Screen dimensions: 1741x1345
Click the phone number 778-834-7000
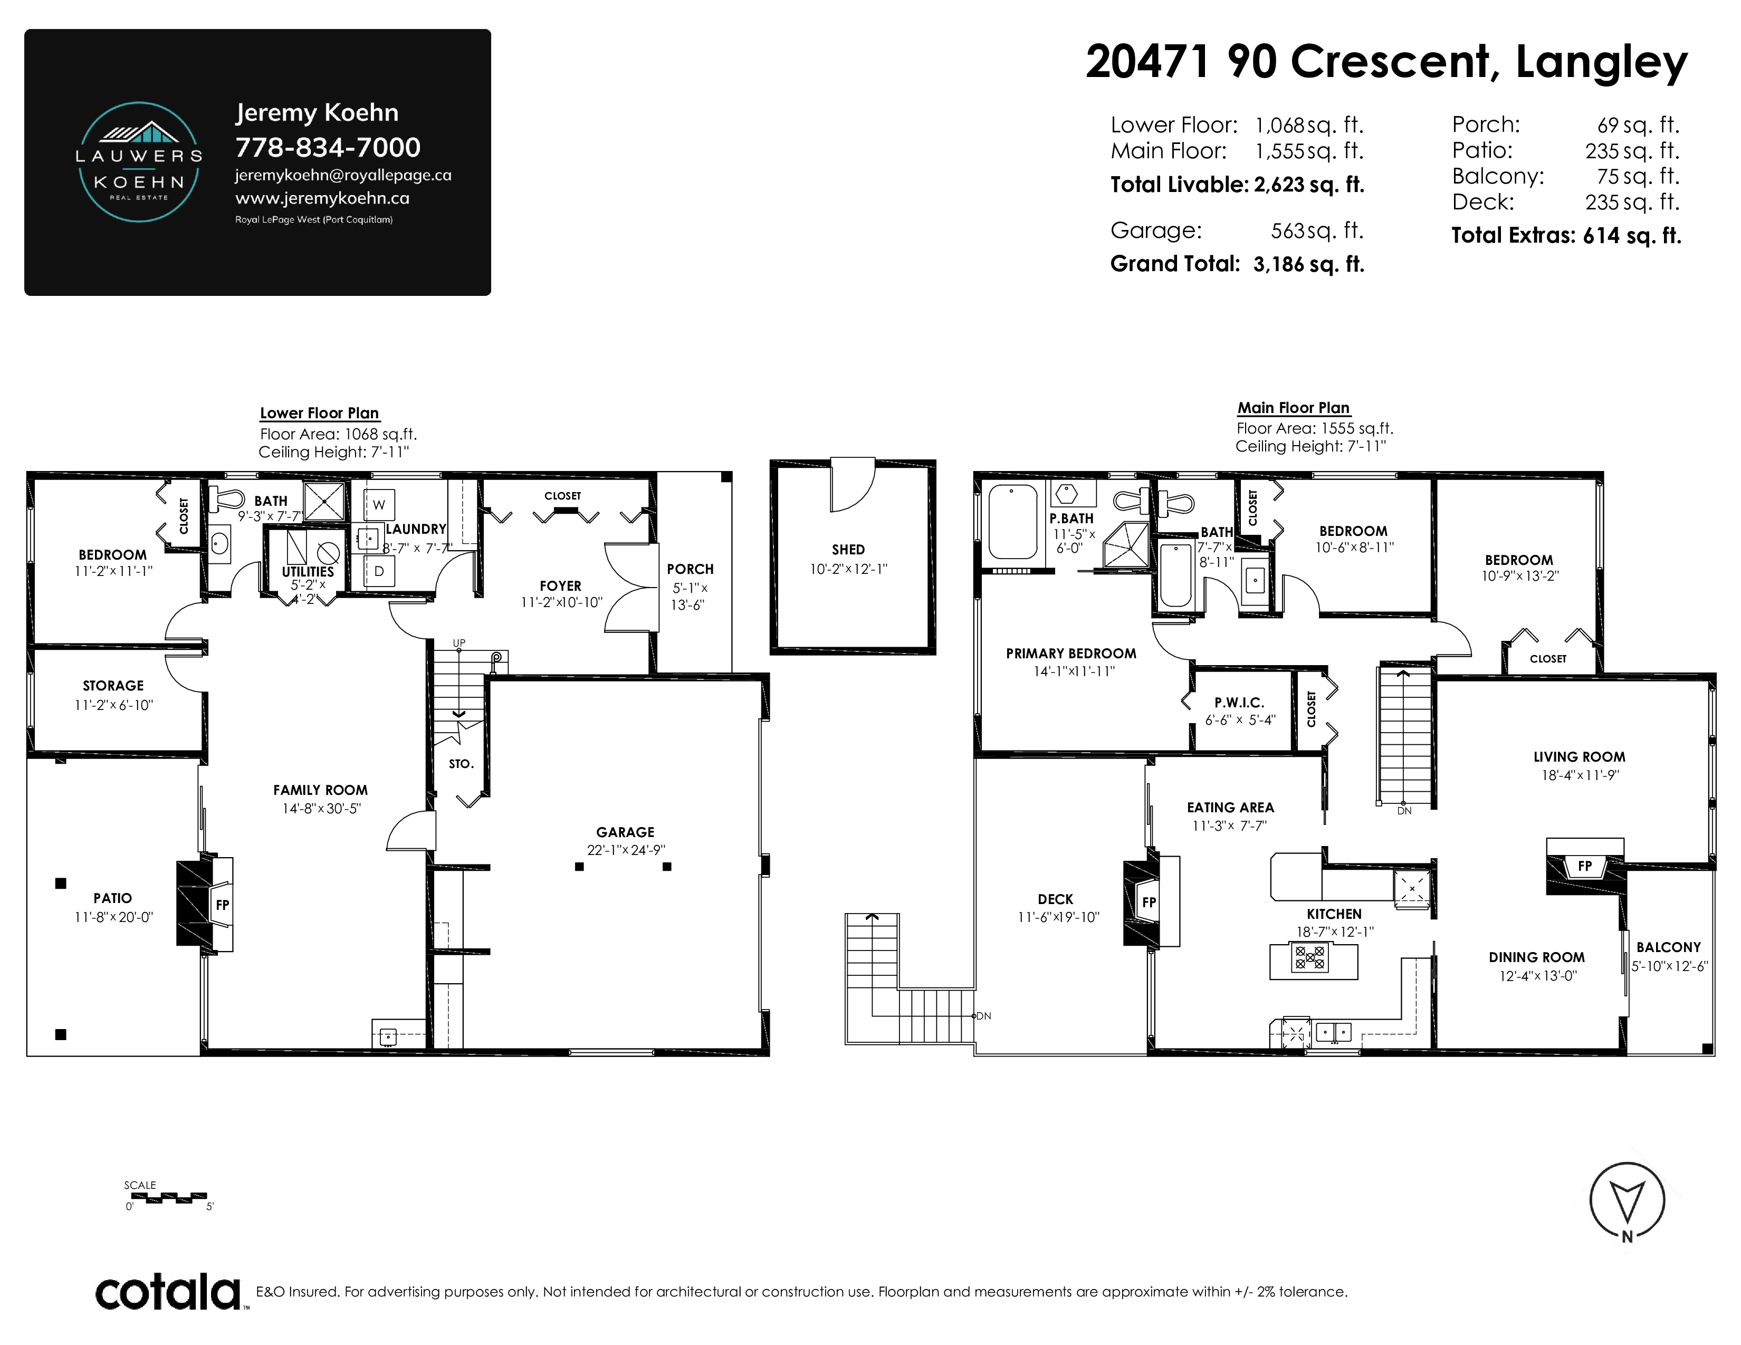(328, 147)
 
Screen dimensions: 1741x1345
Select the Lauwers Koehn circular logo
(139, 162)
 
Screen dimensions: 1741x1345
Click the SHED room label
(848, 550)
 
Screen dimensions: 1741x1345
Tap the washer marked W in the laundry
(379, 504)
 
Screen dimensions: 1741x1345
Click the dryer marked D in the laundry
(379, 571)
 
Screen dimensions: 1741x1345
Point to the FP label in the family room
(223, 905)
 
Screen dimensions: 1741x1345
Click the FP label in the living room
(1585, 866)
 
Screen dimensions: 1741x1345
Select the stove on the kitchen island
(1310, 957)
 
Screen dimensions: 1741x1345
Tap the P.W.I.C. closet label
(1240, 703)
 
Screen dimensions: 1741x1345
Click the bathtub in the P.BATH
(1012, 522)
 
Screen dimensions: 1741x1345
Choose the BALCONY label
(1668, 947)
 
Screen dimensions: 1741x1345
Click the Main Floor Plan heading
(1293, 408)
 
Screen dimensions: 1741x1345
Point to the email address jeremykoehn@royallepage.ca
(343, 175)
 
